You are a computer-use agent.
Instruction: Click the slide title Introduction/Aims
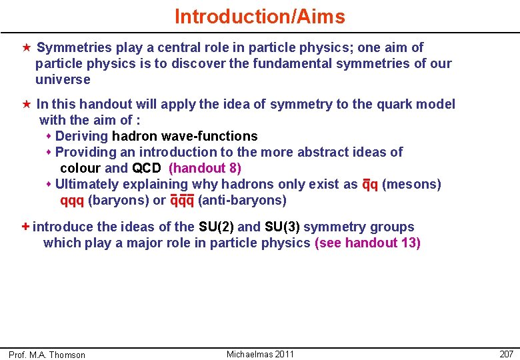click(x=260, y=17)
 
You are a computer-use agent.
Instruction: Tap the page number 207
click(x=506, y=354)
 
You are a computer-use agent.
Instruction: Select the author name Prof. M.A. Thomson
click(x=47, y=355)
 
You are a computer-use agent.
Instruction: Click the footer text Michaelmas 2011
click(x=260, y=354)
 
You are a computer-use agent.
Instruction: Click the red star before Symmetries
click(x=26, y=47)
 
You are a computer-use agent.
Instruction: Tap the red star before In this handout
click(x=26, y=104)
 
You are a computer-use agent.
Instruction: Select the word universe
click(x=63, y=79)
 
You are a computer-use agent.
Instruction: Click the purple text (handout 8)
click(x=205, y=168)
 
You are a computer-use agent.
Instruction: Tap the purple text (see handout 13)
click(x=367, y=243)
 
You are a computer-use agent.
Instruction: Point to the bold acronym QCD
click(x=147, y=168)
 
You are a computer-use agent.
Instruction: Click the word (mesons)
click(x=411, y=184)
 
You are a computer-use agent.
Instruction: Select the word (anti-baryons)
click(x=242, y=200)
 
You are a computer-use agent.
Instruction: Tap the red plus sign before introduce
click(x=26, y=227)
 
